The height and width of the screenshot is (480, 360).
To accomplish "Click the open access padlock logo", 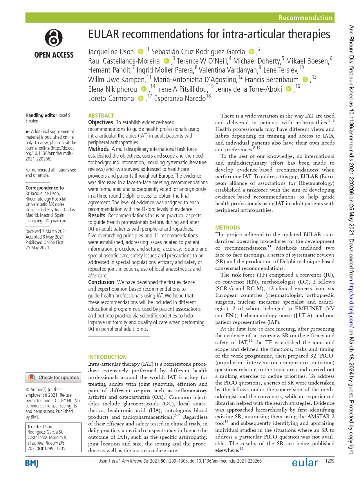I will tap(54, 38).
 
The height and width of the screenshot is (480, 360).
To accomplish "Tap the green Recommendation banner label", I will tap(305, 18).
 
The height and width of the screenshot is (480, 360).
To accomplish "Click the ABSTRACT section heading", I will tap(101, 116).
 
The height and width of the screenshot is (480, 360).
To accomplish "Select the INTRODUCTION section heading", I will tap(107, 357).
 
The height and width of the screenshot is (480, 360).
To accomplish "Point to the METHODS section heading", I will tap(227, 228).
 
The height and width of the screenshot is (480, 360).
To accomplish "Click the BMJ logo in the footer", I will tap(32, 463).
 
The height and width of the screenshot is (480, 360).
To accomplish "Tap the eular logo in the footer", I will tap(305, 463).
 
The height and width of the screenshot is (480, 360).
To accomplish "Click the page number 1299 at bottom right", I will tap(330, 461).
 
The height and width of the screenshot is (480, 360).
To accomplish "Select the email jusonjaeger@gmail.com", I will tap(46, 221).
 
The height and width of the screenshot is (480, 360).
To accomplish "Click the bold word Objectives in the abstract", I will tap(100, 122).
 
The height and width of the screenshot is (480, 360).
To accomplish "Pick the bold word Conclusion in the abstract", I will tap(101, 282).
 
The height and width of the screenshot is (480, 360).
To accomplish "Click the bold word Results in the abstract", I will tap(97, 215).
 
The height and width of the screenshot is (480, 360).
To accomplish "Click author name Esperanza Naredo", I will tap(180, 99).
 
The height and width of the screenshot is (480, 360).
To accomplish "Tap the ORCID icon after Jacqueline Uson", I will tap(141, 52).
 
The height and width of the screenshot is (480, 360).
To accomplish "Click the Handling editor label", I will tap(41, 115).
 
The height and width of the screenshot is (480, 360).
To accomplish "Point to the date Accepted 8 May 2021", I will tap(45, 237).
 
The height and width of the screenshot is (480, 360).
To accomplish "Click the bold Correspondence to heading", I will tap(44, 188).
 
